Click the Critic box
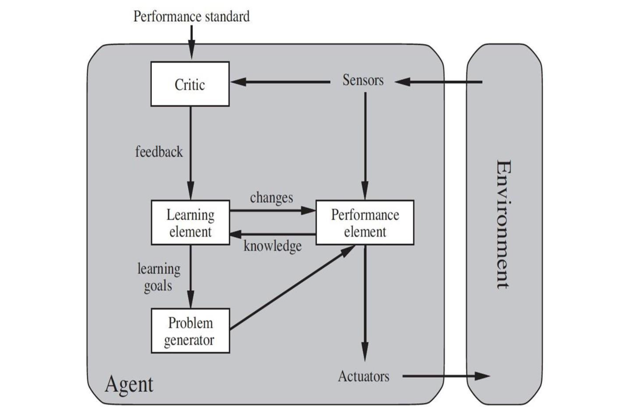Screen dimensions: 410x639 tap(190, 84)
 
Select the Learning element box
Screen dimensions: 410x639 tap(190, 223)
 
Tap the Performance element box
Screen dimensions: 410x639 tap(365, 223)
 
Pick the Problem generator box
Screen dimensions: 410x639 tap(190, 331)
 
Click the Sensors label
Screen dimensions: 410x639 tap(363, 80)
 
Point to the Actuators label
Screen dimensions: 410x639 tap(363, 376)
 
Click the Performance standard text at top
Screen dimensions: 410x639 tap(191, 17)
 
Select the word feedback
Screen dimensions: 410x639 tap(159, 152)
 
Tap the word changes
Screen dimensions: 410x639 tap(271, 198)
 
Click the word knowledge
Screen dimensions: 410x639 tap(273, 246)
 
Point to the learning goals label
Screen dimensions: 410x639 tap(159, 277)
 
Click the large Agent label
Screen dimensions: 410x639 tap(129, 384)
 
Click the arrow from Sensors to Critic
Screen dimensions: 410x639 tap(280, 82)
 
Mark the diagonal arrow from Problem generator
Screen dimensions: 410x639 tap(291, 288)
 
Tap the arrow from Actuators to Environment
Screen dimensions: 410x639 tap(445, 376)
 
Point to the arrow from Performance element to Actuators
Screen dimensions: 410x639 tap(365, 300)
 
